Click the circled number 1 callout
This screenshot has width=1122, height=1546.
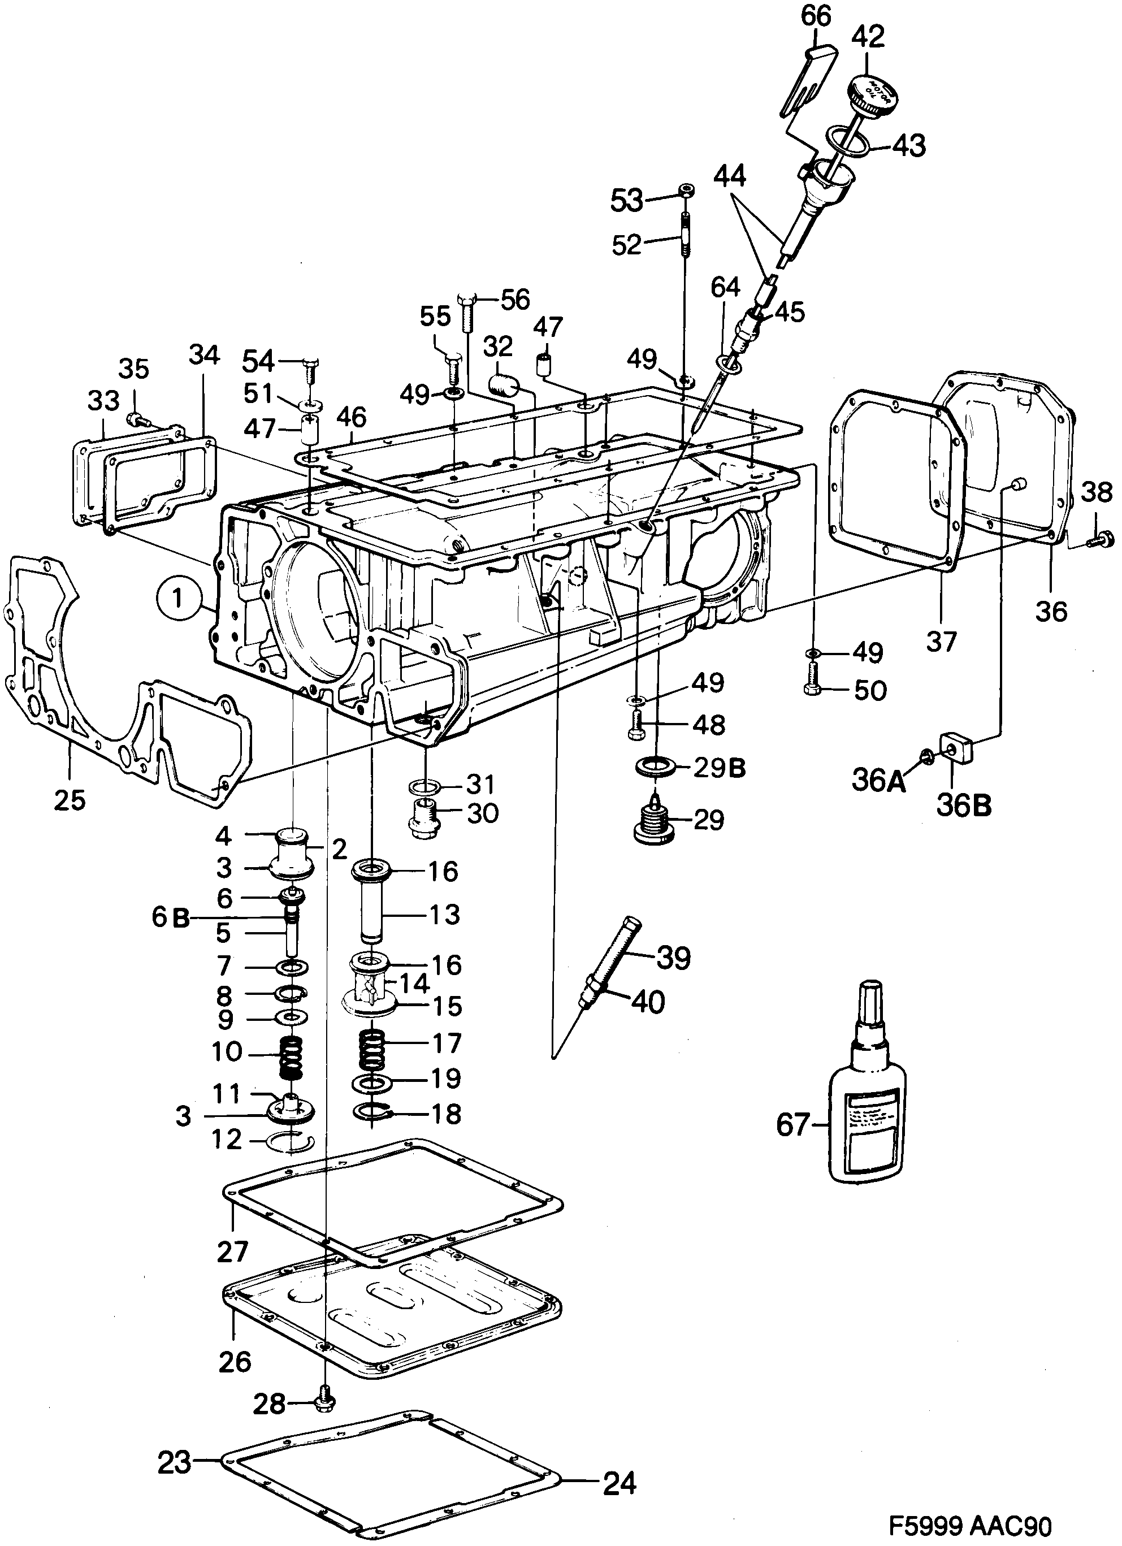(x=177, y=599)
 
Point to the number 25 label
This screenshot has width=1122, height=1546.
(x=70, y=800)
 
